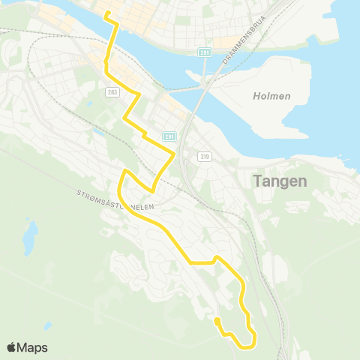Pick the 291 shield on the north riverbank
[x=204, y=52]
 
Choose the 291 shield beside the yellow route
[x=169, y=136]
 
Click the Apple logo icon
[x=11, y=347]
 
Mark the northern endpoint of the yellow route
[x=106, y=13]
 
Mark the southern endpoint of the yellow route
[x=217, y=321]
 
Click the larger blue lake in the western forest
[x=28, y=237]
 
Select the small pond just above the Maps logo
[x=47, y=326]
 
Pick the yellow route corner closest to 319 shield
[x=175, y=154]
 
